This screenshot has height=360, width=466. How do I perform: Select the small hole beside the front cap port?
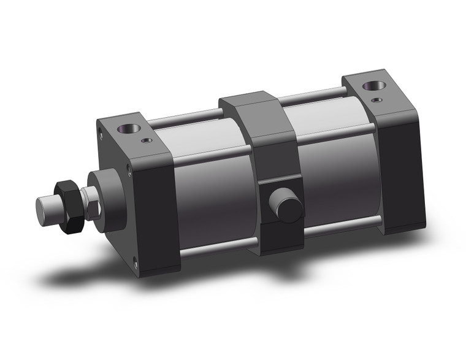tap(147, 140)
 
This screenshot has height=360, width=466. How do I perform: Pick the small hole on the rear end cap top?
tap(378, 100)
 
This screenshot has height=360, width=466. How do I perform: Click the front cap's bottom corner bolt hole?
tap(136, 264)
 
